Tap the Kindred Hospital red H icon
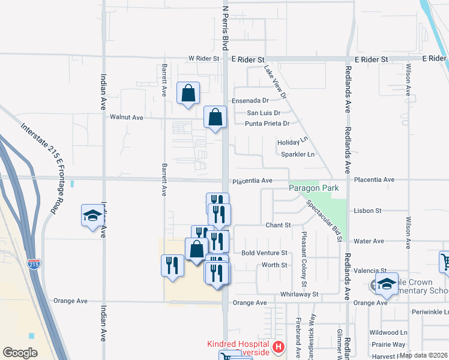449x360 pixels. click(x=278, y=346)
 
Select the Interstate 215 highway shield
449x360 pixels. click(x=34, y=263)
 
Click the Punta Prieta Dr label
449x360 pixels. click(x=267, y=124)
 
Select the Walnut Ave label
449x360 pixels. click(x=126, y=118)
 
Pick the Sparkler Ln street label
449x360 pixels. click(x=298, y=154)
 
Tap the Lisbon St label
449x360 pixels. click(x=369, y=211)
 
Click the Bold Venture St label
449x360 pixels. click(x=264, y=253)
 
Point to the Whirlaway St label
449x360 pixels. click(x=298, y=295)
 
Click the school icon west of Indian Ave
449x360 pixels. click(x=92, y=215)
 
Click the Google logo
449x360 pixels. click(x=19, y=353)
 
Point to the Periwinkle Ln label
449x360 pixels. click(x=430, y=313)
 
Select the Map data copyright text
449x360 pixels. click(x=423, y=355)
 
